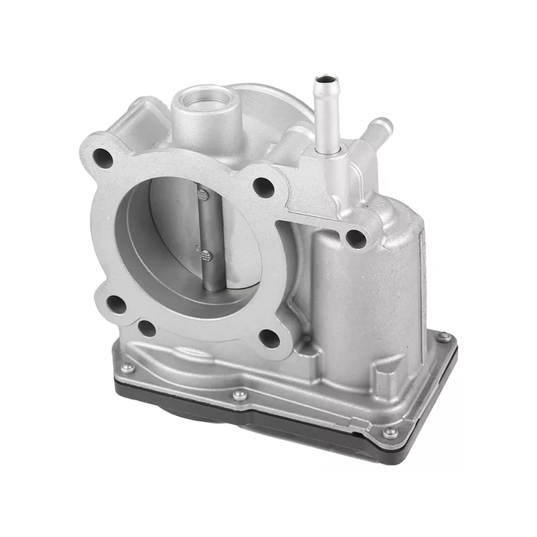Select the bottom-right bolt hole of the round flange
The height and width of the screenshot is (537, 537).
[x=269, y=338]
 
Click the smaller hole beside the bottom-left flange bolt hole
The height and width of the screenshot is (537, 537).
[x=146, y=328]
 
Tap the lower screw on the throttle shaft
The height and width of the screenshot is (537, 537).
[x=205, y=255]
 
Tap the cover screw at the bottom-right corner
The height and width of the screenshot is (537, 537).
[x=390, y=432]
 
